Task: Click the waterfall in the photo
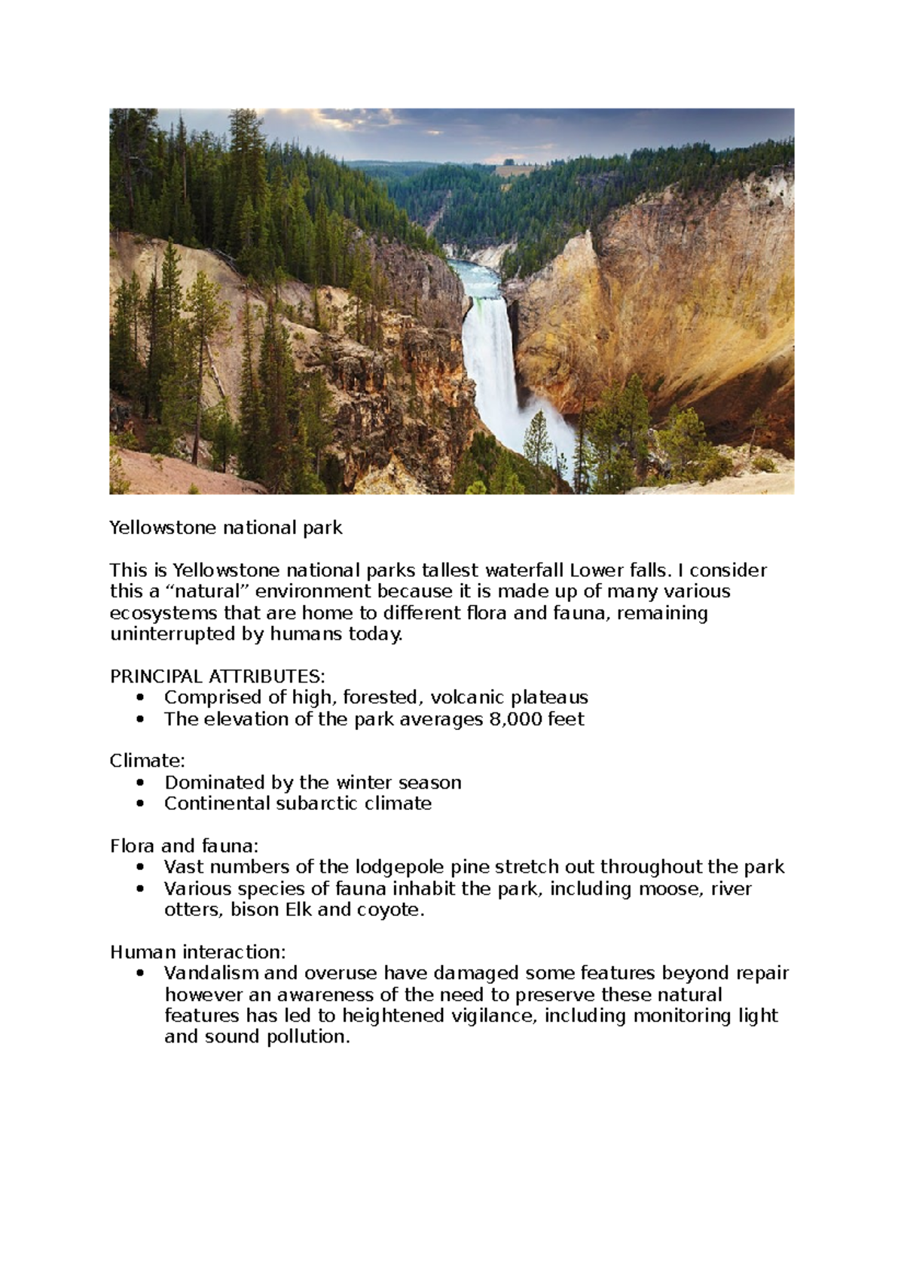point(490,362)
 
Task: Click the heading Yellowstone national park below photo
point(226,528)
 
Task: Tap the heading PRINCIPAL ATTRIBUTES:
point(218,676)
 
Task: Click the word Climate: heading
point(147,761)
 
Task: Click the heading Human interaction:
point(198,952)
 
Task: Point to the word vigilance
point(493,1016)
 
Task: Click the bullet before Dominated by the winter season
point(140,783)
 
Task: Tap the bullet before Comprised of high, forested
point(140,697)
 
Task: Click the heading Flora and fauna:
point(184,846)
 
